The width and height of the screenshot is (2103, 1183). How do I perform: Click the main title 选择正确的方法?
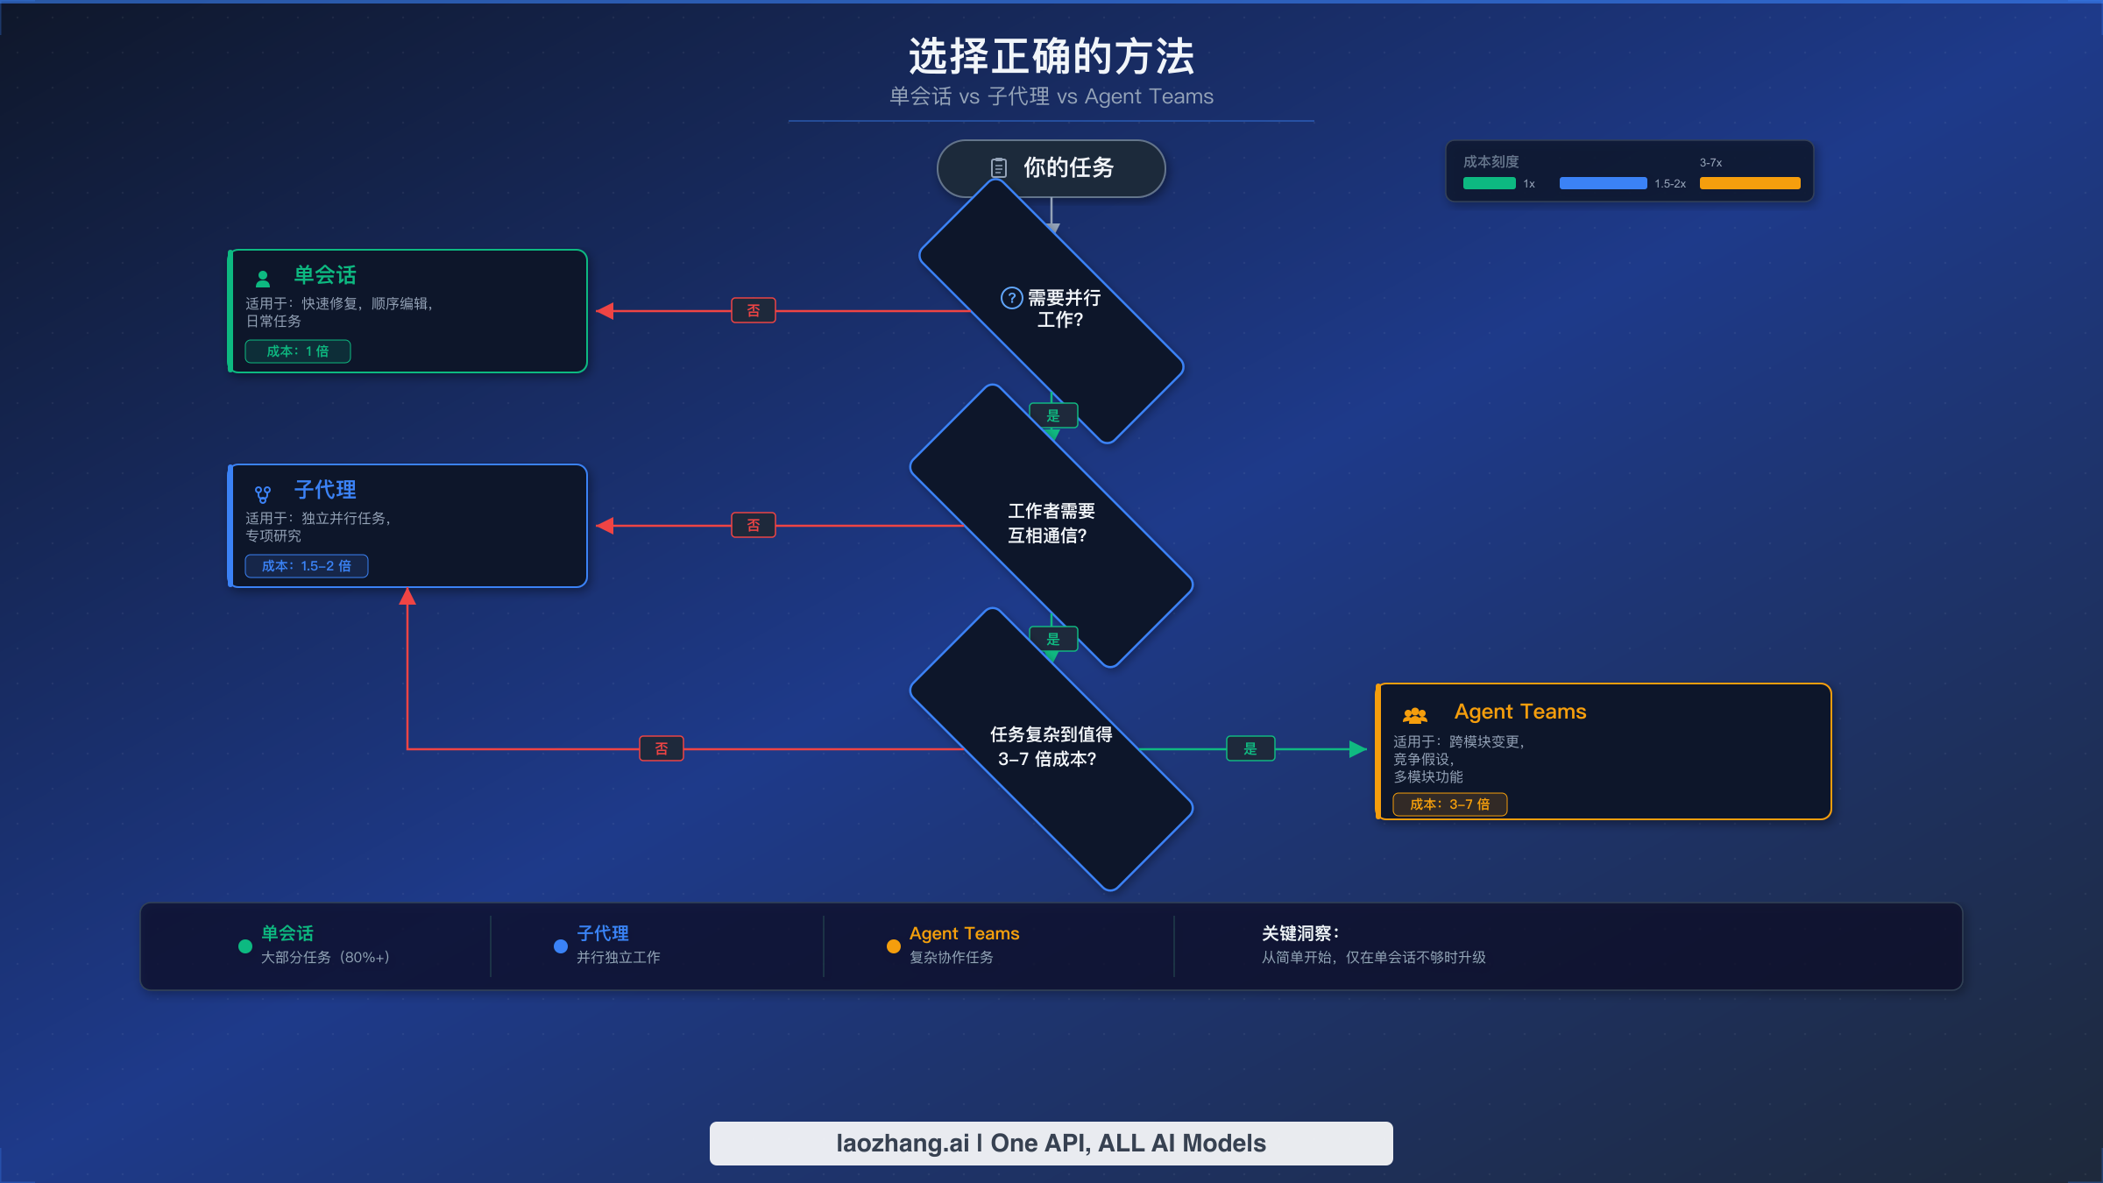[1051, 57]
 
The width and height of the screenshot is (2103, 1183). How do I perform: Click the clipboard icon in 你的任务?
[998, 167]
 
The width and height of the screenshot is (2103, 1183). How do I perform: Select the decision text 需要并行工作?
[1061, 308]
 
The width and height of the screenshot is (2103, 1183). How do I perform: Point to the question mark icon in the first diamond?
[1011, 298]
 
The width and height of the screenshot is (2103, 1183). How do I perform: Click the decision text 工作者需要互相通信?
[1051, 523]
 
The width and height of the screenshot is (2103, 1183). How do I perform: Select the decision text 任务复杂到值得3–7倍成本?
[1051, 747]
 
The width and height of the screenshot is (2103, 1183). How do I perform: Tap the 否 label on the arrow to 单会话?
[753, 310]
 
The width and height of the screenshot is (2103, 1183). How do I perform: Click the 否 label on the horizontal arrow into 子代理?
[753, 525]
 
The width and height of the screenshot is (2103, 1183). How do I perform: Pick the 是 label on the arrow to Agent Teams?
[1250, 748]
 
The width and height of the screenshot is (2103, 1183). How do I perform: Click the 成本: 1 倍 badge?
[298, 351]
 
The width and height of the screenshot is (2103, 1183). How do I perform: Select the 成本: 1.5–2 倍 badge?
[306, 566]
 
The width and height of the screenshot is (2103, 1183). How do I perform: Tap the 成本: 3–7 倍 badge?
[1449, 804]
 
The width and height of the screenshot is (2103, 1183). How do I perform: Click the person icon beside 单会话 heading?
[262, 279]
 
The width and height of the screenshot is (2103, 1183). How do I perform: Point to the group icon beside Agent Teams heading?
[1414, 715]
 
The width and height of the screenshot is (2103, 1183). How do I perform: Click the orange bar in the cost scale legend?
[1749, 183]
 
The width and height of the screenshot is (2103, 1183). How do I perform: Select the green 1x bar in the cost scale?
[1489, 183]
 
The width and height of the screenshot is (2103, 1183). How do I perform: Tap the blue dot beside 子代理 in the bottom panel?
[561, 946]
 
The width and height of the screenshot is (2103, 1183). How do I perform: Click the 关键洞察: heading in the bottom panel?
[1299, 933]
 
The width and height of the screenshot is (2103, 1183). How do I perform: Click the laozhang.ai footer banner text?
[1051, 1144]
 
